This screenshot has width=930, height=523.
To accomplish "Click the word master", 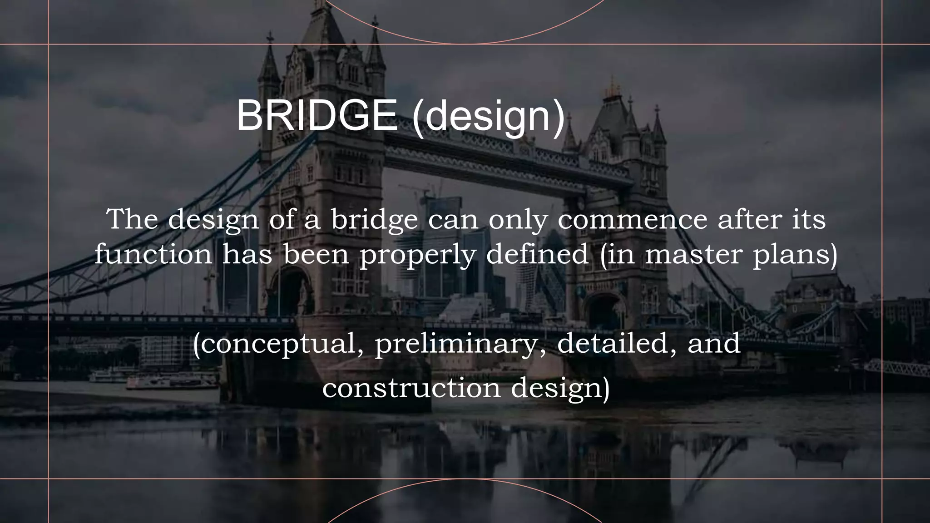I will (x=693, y=254).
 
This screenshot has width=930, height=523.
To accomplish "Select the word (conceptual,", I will (x=278, y=344).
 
